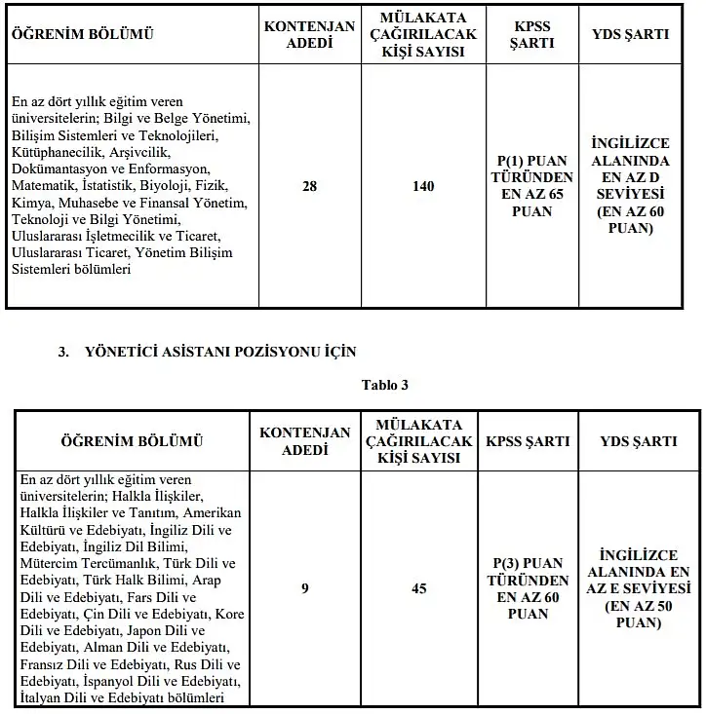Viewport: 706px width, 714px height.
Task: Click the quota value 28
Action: pos(310,186)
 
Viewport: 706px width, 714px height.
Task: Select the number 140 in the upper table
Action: pos(422,186)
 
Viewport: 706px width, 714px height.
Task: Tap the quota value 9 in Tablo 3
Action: pos(305,588)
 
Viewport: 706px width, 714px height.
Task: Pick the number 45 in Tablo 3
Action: pos(418,588)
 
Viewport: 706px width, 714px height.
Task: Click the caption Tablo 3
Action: pos(384,384)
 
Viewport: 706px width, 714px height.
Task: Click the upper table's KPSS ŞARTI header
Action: pos(531,35)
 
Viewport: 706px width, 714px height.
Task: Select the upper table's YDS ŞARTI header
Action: pos(631,34)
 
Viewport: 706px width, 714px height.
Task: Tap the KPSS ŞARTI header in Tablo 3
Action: pos(528,440)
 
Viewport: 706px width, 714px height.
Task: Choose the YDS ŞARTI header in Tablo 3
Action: pos(639,440)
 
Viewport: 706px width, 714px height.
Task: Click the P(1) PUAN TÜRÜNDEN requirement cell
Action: pos(531,185)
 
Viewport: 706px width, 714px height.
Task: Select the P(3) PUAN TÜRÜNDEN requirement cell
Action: pos(529,588)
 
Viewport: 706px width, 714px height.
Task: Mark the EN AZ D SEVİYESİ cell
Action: pos(630,185)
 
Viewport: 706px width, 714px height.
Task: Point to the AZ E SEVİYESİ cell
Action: pos(639,588)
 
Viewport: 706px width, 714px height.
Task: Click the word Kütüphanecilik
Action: pos(54,153)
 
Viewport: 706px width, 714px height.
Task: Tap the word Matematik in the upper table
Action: pos(44,186)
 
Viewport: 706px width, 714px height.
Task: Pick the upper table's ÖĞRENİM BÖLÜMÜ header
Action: pos(82,35)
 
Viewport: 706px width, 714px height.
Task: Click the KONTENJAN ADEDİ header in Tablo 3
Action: pos(304,440)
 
